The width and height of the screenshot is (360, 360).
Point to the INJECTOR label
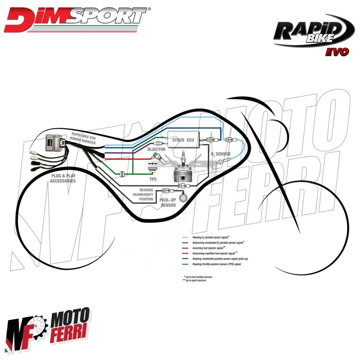pos(156,149)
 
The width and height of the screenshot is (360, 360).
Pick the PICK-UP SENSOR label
pos(169,202)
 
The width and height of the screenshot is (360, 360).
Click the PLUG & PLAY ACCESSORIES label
pos(63,178)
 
